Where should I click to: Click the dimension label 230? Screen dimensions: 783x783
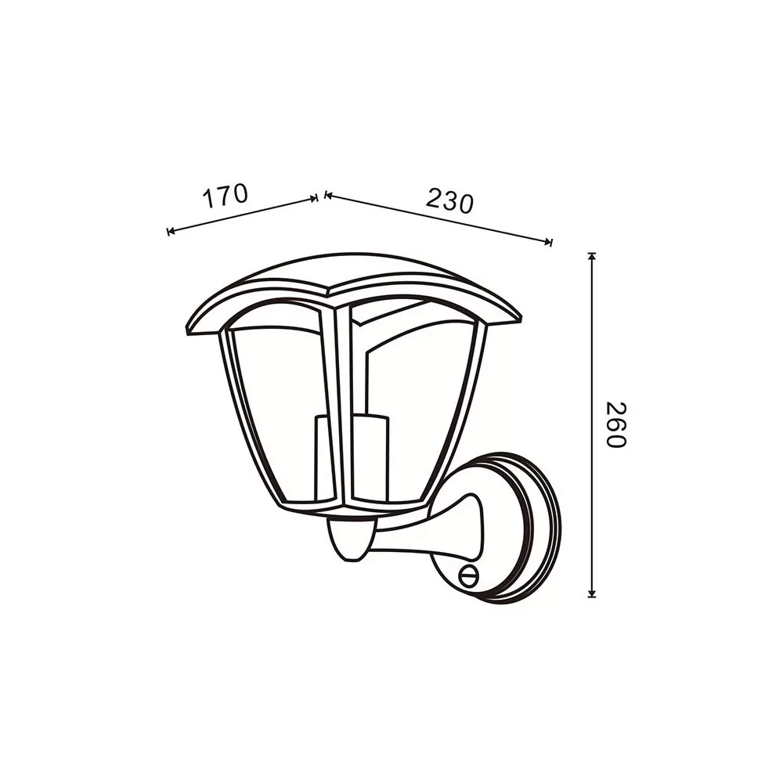point(449,200)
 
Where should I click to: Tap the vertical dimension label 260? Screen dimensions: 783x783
point(615,424)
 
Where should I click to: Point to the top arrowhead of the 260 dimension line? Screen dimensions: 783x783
point(592,256)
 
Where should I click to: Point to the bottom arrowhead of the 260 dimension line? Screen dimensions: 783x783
point(592,594)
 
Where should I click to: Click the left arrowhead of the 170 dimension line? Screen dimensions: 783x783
point(171,231)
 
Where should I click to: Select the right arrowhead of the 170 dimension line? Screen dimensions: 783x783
point(313,199)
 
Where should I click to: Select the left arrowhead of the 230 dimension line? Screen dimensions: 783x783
point(328,195)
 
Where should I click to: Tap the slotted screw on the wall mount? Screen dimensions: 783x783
point(468,576)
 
